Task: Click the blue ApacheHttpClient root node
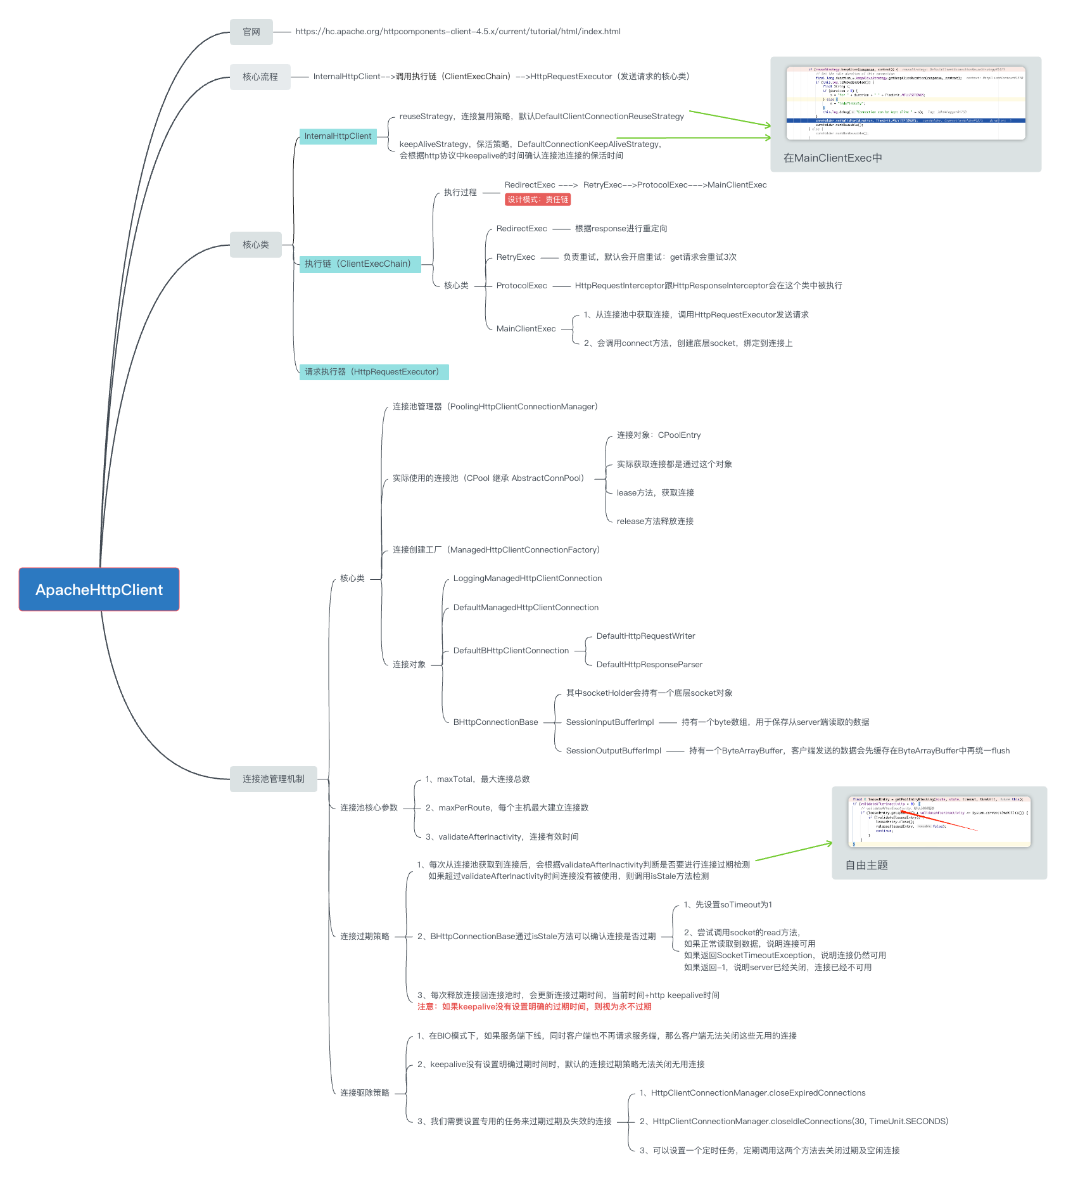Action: tap(99, 589)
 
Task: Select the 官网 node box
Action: tap(251, 32)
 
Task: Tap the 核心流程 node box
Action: tap(260, 77)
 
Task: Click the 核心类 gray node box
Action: tap(255, 245)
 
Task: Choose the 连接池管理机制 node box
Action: tap(273, 779)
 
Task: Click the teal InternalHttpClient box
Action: tap(338, 136)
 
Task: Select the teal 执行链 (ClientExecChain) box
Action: tap(360, 264)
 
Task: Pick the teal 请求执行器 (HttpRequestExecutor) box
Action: tap(374, 372)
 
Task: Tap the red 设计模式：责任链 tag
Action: tap(538, 200)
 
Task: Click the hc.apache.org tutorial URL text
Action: tap(458, 32)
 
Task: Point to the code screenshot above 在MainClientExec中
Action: tap(906, 103)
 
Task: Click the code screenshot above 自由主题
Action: tap(939, 821)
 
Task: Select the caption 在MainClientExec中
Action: tap(832, 158)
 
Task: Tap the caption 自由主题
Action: tap(866, 865)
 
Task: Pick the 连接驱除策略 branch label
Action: tap(365, 1093)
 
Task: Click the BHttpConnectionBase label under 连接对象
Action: tap(495, 722)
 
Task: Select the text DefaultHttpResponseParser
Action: tap(649, 665)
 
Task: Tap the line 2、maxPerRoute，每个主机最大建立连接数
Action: tap(507, 808)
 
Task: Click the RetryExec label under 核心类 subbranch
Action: tap(516, 257)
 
